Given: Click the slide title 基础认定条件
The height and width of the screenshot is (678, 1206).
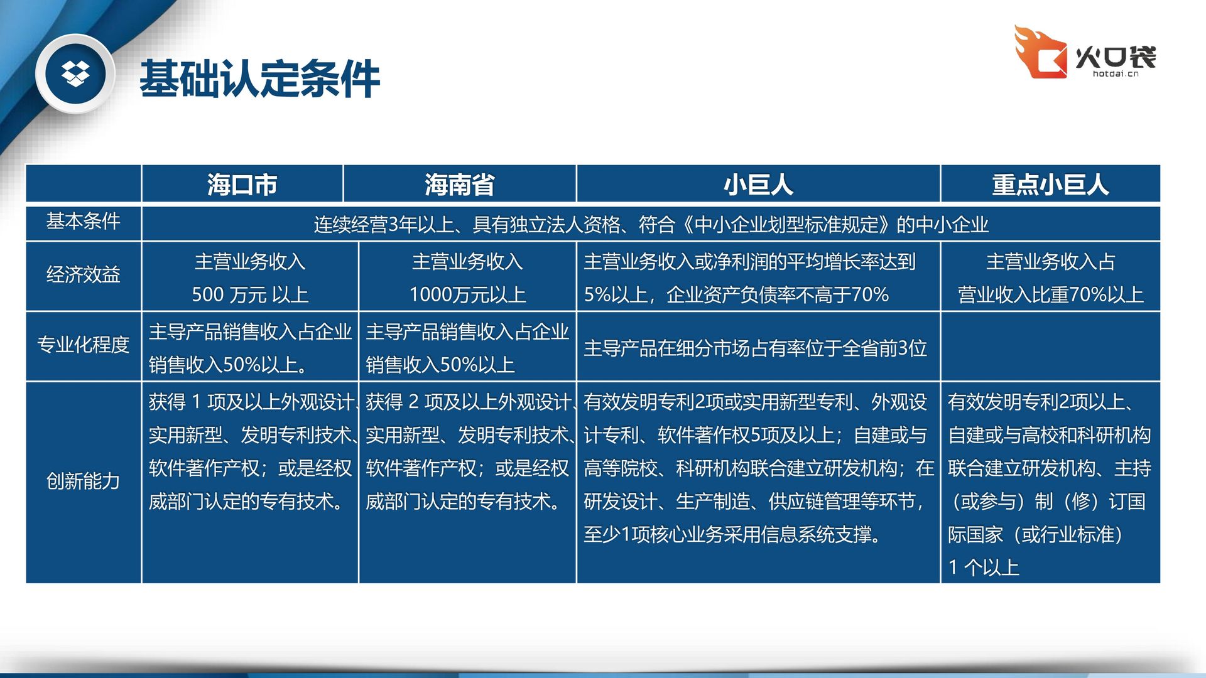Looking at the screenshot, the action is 259,79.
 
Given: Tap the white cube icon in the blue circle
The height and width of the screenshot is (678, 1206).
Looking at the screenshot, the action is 75,73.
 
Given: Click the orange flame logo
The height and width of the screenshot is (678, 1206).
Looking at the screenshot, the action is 1040,51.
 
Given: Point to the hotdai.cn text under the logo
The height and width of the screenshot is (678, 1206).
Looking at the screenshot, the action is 1116,74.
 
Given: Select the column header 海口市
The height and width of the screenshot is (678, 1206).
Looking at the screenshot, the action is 242,185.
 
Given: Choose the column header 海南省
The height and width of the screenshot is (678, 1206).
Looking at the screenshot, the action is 460,185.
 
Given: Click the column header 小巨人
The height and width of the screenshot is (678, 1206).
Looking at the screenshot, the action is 758,185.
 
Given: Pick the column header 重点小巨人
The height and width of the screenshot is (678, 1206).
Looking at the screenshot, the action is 1050,185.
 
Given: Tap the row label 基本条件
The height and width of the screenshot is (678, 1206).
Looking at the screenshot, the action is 83,221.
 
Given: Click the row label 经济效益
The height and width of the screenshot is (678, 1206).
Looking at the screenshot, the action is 83,274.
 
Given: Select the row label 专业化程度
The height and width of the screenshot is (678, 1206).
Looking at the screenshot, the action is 83,345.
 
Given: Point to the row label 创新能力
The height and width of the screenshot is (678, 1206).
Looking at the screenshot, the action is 83,481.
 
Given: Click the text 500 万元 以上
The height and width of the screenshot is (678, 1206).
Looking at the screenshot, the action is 250,294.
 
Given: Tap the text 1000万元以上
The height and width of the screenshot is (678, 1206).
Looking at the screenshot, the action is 467,294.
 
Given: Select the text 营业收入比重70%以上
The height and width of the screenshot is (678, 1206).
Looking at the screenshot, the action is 1050,294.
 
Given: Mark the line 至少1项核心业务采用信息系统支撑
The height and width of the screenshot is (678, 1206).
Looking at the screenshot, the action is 732,534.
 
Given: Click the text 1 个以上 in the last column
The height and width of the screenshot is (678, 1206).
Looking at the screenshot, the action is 984,568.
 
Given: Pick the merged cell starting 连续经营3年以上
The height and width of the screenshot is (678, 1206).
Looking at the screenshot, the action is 651,224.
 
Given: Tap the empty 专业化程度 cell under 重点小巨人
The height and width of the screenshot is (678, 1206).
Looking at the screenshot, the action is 1050,346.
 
